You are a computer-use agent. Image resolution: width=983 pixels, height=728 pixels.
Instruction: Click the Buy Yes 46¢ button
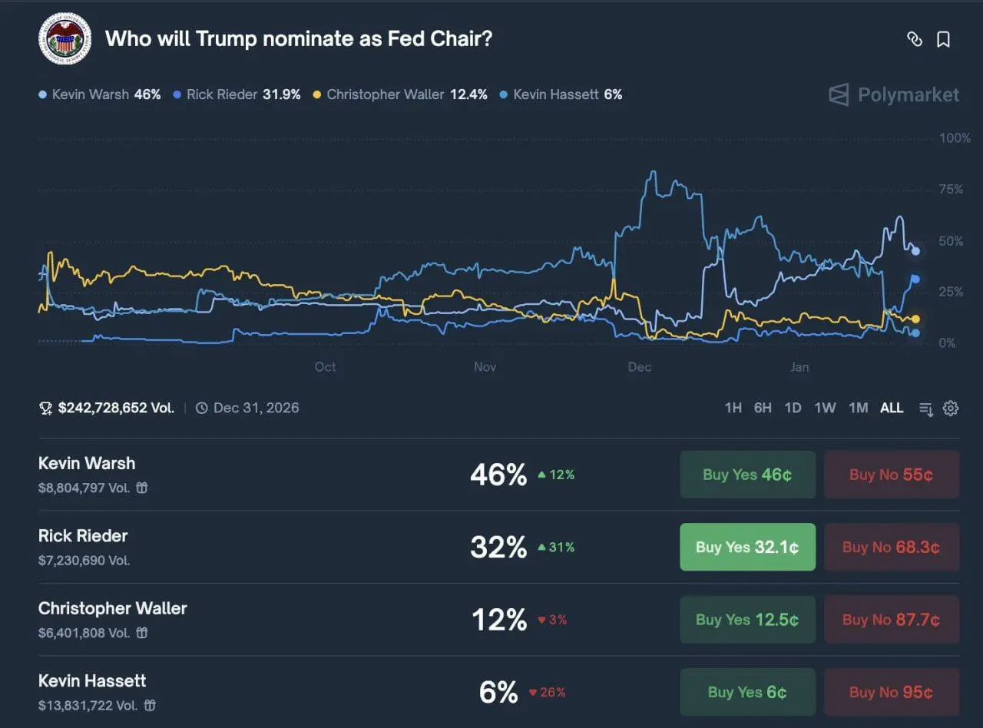pos(747,475)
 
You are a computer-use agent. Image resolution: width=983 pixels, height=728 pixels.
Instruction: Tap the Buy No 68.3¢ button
pos(891,548)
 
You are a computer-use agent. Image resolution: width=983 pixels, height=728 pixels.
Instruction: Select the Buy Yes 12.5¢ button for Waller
pos(747,620)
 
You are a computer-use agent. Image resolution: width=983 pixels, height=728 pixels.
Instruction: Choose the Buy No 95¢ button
pos(891,692)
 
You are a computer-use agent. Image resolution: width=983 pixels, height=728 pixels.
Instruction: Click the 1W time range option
pos(825,408)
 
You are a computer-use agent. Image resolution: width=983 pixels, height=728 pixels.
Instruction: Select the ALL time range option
pos(891,408)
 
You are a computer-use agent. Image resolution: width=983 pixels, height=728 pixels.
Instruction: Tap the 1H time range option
pos(733,408)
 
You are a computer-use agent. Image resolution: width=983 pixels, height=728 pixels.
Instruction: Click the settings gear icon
pos(951,408)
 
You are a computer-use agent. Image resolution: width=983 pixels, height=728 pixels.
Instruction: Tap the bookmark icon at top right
pos(943,39)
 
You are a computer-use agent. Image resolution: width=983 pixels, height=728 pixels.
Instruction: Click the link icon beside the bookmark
pos(914,39)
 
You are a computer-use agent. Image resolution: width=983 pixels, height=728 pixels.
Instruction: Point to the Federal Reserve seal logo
pos(65,39)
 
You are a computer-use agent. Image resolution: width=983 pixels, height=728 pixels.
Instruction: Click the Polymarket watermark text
pos(908,94)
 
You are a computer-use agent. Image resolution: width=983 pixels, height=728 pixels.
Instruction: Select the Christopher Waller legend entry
pos(399,94)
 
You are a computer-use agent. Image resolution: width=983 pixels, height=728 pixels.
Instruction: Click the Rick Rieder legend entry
pos(237,94)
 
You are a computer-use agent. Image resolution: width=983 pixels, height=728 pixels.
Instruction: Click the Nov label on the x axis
pos(485,367)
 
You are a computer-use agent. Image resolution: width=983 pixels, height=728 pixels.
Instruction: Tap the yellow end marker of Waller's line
pos(915,319)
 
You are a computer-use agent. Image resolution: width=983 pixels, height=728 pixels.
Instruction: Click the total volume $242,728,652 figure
pos(116,408)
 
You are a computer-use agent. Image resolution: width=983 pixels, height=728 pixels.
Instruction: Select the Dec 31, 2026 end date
pos(256,408)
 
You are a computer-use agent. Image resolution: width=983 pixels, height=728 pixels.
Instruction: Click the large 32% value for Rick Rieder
pos(498,548)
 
